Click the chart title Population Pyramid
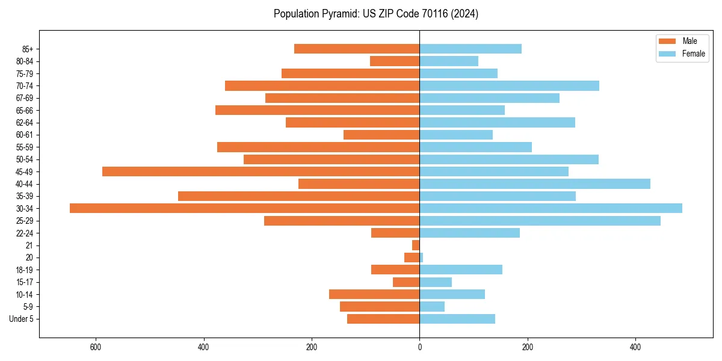[375, 14]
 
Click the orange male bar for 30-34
[244, 208]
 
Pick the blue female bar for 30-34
[551, 208]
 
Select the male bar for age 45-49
[261, 171]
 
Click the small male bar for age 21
[416, 245]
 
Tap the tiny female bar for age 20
[421, 258]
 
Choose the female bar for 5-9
[432, 306]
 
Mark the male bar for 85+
[357, 49]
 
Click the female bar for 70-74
[509, 85]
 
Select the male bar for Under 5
[383, 319]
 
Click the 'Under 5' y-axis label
[21, 319]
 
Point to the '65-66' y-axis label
[25, 110]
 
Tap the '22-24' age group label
[25, 233]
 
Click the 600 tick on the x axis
[95, 347]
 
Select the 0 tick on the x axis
[419, 347]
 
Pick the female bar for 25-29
[540, 221]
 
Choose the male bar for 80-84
[395, 61]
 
